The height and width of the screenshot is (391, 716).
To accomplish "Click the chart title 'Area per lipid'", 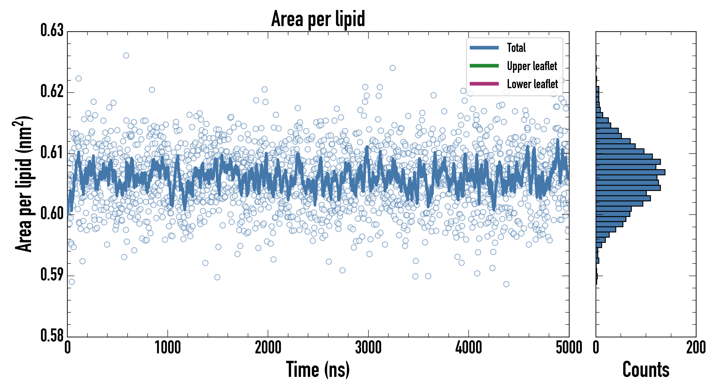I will tap(318, 19).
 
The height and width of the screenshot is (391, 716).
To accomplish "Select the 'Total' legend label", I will tap(516, 48).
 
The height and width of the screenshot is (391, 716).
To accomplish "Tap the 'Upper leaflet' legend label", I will tap(532, 66).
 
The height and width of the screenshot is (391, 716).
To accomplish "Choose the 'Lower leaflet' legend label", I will tap(532, 84).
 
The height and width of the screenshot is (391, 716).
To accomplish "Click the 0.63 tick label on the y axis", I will tap(52, 30).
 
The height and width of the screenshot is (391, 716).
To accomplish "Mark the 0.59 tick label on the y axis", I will tap(52, 275).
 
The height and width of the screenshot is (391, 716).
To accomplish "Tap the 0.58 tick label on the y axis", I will tap(52, 336).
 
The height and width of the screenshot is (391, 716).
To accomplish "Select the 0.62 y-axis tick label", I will tap(52, 91).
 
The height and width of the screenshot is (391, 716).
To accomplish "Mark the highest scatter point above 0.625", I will tap(126, 55).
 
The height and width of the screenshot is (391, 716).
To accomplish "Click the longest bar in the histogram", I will tap(630, 172).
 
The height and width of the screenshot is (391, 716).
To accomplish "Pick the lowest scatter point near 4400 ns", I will tap(506, 284).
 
